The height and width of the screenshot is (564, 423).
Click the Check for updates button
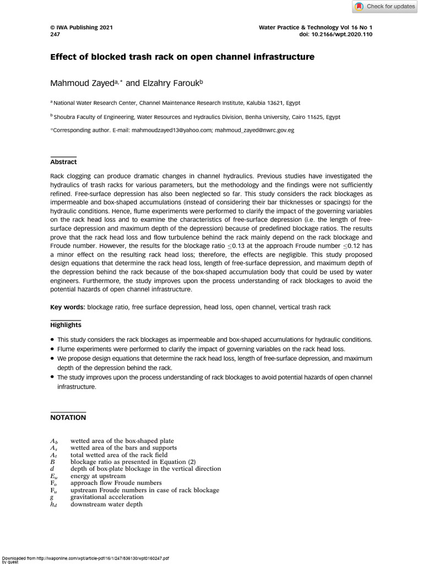[384, 7]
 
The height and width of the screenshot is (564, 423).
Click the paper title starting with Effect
[182, 57]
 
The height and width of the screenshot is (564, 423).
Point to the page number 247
[55, 34]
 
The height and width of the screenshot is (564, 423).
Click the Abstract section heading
[64, 162]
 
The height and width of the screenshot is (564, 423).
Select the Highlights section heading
[66, 325]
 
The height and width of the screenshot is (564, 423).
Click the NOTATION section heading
[68, 417]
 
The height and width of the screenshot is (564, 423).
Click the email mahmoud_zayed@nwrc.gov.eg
[254, 131]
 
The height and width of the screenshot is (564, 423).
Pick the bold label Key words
[68, 307]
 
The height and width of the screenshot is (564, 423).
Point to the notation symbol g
[52, 497]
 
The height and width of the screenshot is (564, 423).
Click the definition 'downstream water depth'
[106, 504]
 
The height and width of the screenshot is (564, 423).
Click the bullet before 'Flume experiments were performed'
[52, 349]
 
